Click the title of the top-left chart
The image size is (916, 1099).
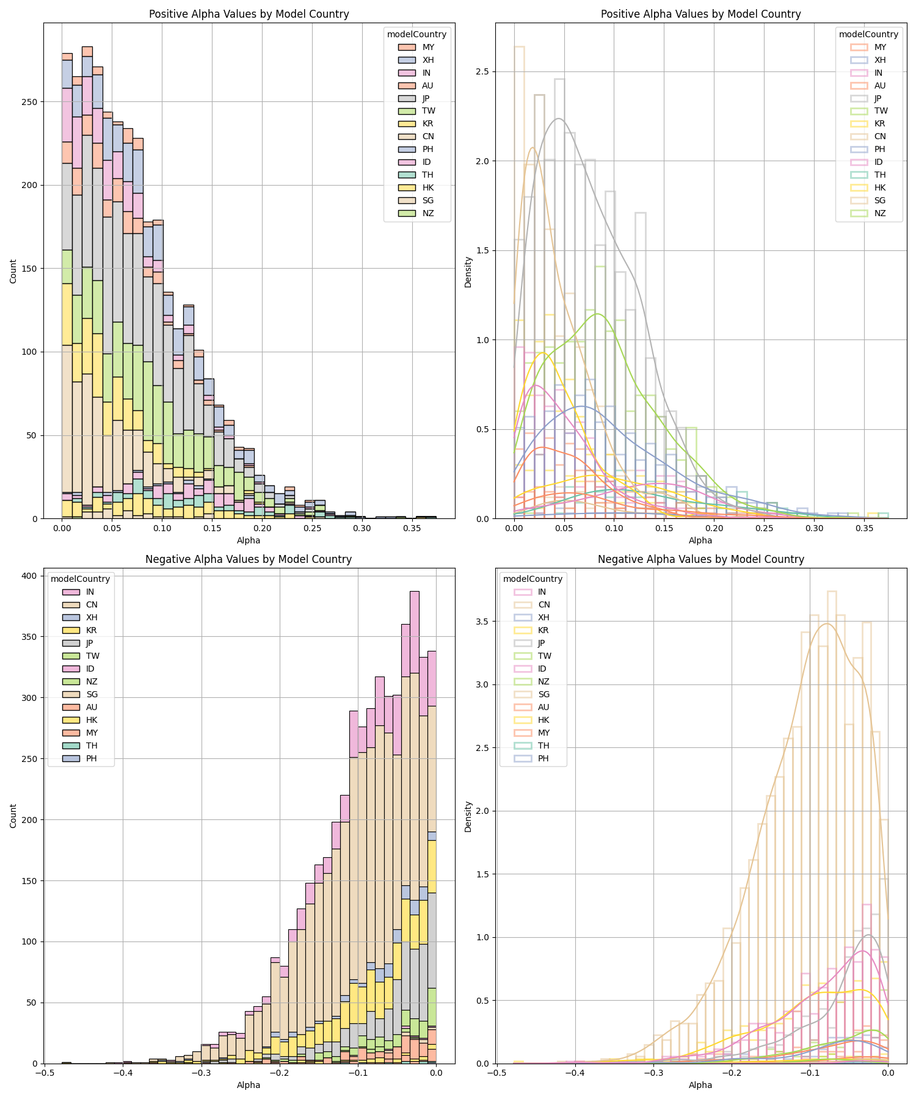coord(249,14)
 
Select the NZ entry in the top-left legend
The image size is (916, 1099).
coord(428,213)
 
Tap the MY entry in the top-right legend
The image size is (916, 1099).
coord(880,47)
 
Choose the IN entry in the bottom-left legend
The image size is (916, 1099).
coord(90,592)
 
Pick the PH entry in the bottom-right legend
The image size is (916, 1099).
coord(543,758)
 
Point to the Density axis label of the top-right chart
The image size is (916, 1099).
coord(468,272)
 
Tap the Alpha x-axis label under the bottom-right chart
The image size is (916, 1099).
coord(700,1085)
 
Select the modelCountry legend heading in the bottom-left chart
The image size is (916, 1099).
coord(80,579)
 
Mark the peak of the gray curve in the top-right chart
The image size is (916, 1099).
coord(558,118)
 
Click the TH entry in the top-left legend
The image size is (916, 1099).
coord(427,175)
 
